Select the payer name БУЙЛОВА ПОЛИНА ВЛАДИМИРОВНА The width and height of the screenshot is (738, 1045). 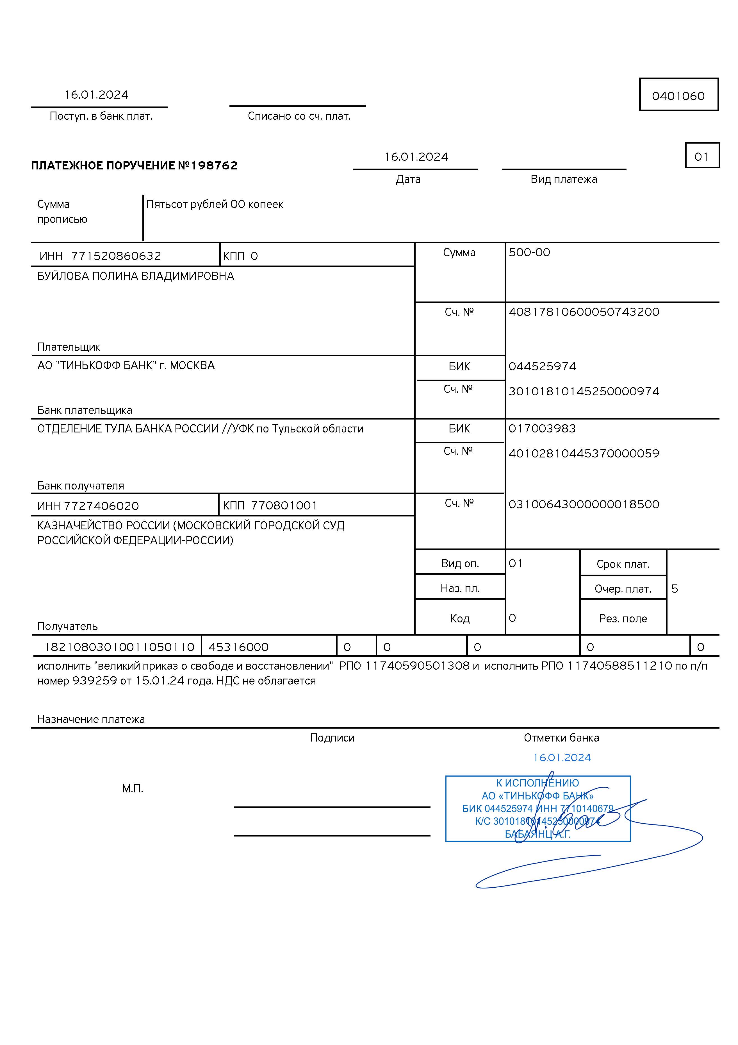136,276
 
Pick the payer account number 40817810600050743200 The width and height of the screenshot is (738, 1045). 584,312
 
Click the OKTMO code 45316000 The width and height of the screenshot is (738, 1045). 238,647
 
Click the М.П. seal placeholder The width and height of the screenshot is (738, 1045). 132,789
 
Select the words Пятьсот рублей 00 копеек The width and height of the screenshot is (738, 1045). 215,204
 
